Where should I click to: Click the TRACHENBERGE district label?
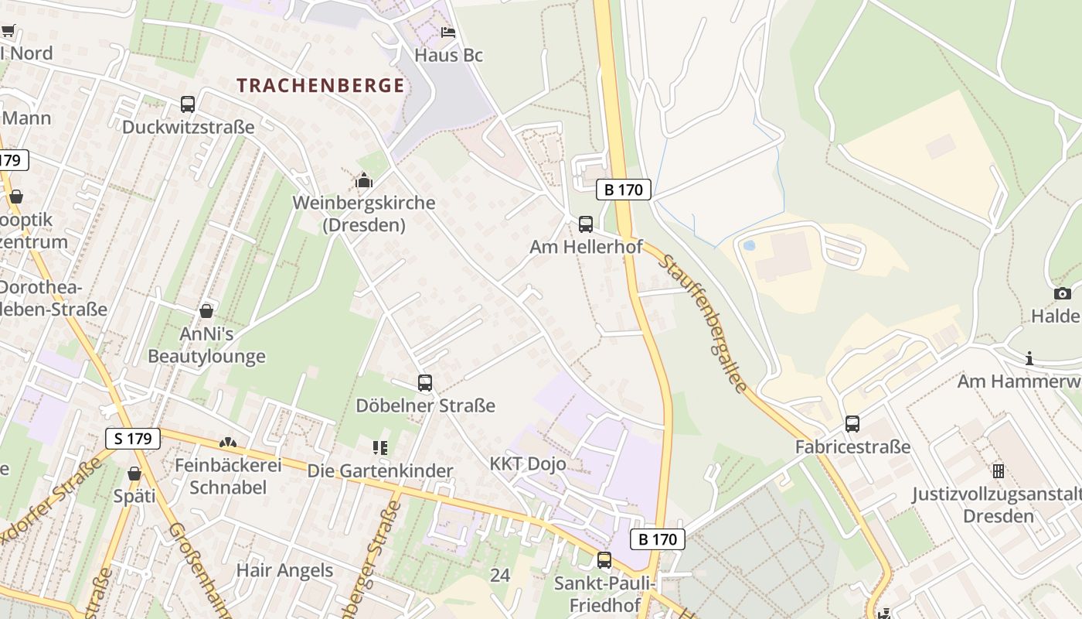(x=321, y=85)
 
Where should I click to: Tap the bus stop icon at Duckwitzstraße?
(x=188, y=104)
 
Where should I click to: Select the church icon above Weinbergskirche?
(x=363, y=181)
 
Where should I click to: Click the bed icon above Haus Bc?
(x=448, y=32)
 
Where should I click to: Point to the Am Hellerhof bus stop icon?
(x=586, y=224)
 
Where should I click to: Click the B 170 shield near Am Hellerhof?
(x=623, y=190)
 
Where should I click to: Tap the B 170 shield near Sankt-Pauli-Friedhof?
(x=658, y=539)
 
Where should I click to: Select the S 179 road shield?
(x=133, y=439)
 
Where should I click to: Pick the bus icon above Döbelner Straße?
(x=424, y=383)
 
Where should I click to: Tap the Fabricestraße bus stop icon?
(x=852, y=424)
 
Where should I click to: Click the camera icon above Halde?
(x=1063, y=293)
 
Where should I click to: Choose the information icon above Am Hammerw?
(x=1029, y=358)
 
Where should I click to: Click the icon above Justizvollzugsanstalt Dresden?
(x=999, y=470)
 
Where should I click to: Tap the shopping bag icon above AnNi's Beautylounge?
(x=206, y=311)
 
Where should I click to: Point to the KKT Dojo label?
(x=528, y=464)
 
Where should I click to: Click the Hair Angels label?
(x=284, y=571)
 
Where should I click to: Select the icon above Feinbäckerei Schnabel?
(x=228, y=443)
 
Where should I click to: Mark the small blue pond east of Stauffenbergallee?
(x=748, y=246)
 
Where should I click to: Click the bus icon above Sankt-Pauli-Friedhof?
(x=604, y=559)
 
